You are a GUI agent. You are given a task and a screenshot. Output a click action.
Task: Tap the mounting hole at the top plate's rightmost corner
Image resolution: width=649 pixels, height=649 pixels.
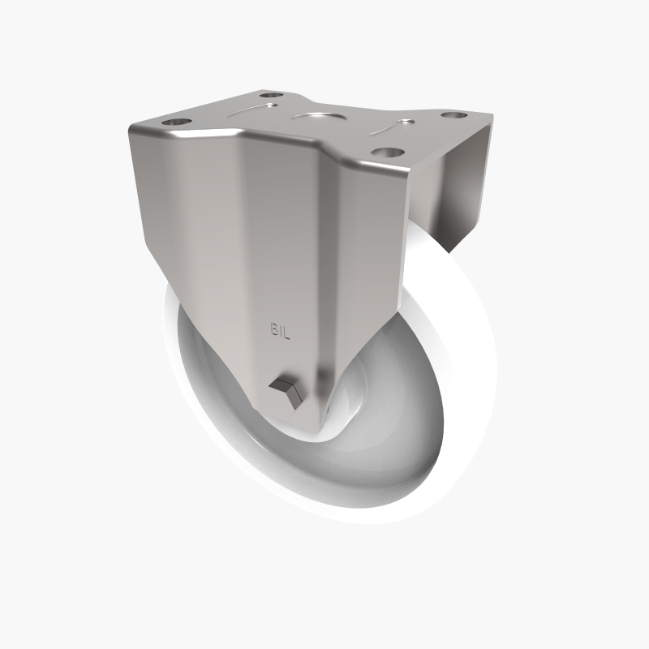pyautogui.click(x=450, y=115)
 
